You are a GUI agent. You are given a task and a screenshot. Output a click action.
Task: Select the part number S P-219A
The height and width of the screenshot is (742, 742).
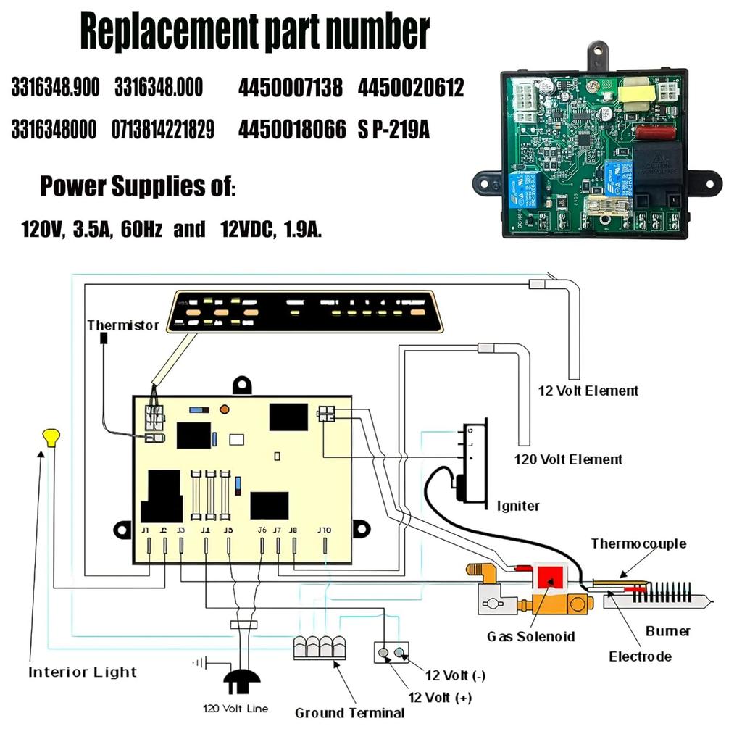(x=393, y=130)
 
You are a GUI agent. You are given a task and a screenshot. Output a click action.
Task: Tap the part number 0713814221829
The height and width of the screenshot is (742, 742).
(x=163, y=130)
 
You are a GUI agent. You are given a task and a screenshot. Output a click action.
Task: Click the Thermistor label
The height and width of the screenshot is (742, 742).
(x=122, y=325)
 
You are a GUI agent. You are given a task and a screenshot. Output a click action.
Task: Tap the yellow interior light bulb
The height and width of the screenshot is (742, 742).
(x=51, y=438)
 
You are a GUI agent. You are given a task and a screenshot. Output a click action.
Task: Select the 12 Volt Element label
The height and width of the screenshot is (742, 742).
(x=588, y=391)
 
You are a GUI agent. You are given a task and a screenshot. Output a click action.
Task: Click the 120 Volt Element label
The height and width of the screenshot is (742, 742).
(x=568, y=459)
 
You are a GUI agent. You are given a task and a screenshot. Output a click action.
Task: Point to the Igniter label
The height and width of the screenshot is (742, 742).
(x=518, y=506)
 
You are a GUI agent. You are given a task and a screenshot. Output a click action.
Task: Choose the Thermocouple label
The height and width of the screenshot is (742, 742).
(x=638, y=543)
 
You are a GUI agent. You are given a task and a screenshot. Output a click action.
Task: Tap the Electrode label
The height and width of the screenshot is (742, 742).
(x=640, y=657)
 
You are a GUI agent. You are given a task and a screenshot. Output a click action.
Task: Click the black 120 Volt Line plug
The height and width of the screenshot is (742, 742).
(x=242, y=680)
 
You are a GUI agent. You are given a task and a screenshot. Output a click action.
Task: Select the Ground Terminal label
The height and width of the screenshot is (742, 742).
(x=349, y=713)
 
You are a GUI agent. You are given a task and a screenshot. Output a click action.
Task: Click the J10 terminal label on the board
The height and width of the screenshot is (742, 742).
(x=324, y=530)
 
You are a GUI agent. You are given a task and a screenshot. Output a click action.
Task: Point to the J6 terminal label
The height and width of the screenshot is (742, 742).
(x=262, y=530)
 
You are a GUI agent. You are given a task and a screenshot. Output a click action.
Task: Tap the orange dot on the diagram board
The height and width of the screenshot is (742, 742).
(x=224, y=409)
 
